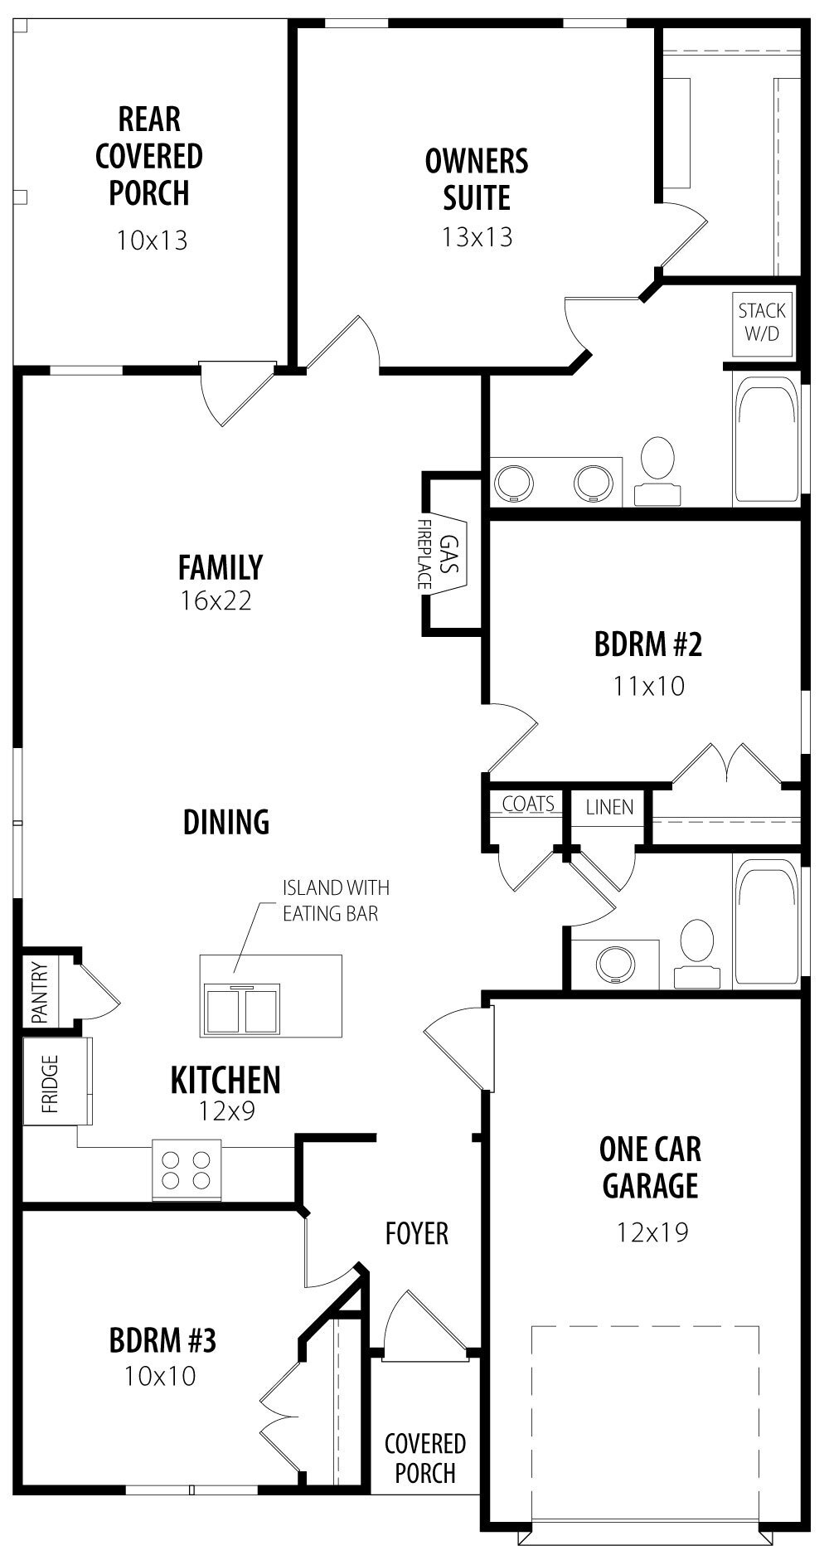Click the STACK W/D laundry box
(x=762, y=322)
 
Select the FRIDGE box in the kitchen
(x=56, y=1081)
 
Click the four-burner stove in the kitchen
(x=187, y=1170)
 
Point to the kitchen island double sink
(x=245, y=1006)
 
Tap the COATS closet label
(x=528, y=804)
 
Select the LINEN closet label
(x=609, y=807)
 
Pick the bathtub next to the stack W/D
(x=767, y=441)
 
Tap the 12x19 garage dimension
(x=652, y=1232)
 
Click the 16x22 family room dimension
(x=216, y=600)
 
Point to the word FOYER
(x=417, y=1233)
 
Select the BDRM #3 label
(x=162, y=1339)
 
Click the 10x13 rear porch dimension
(x=152, y=241)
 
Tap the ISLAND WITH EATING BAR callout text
(x=336, y=901)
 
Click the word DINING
(x=226, y=821)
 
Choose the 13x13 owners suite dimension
(x=477, y=237)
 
